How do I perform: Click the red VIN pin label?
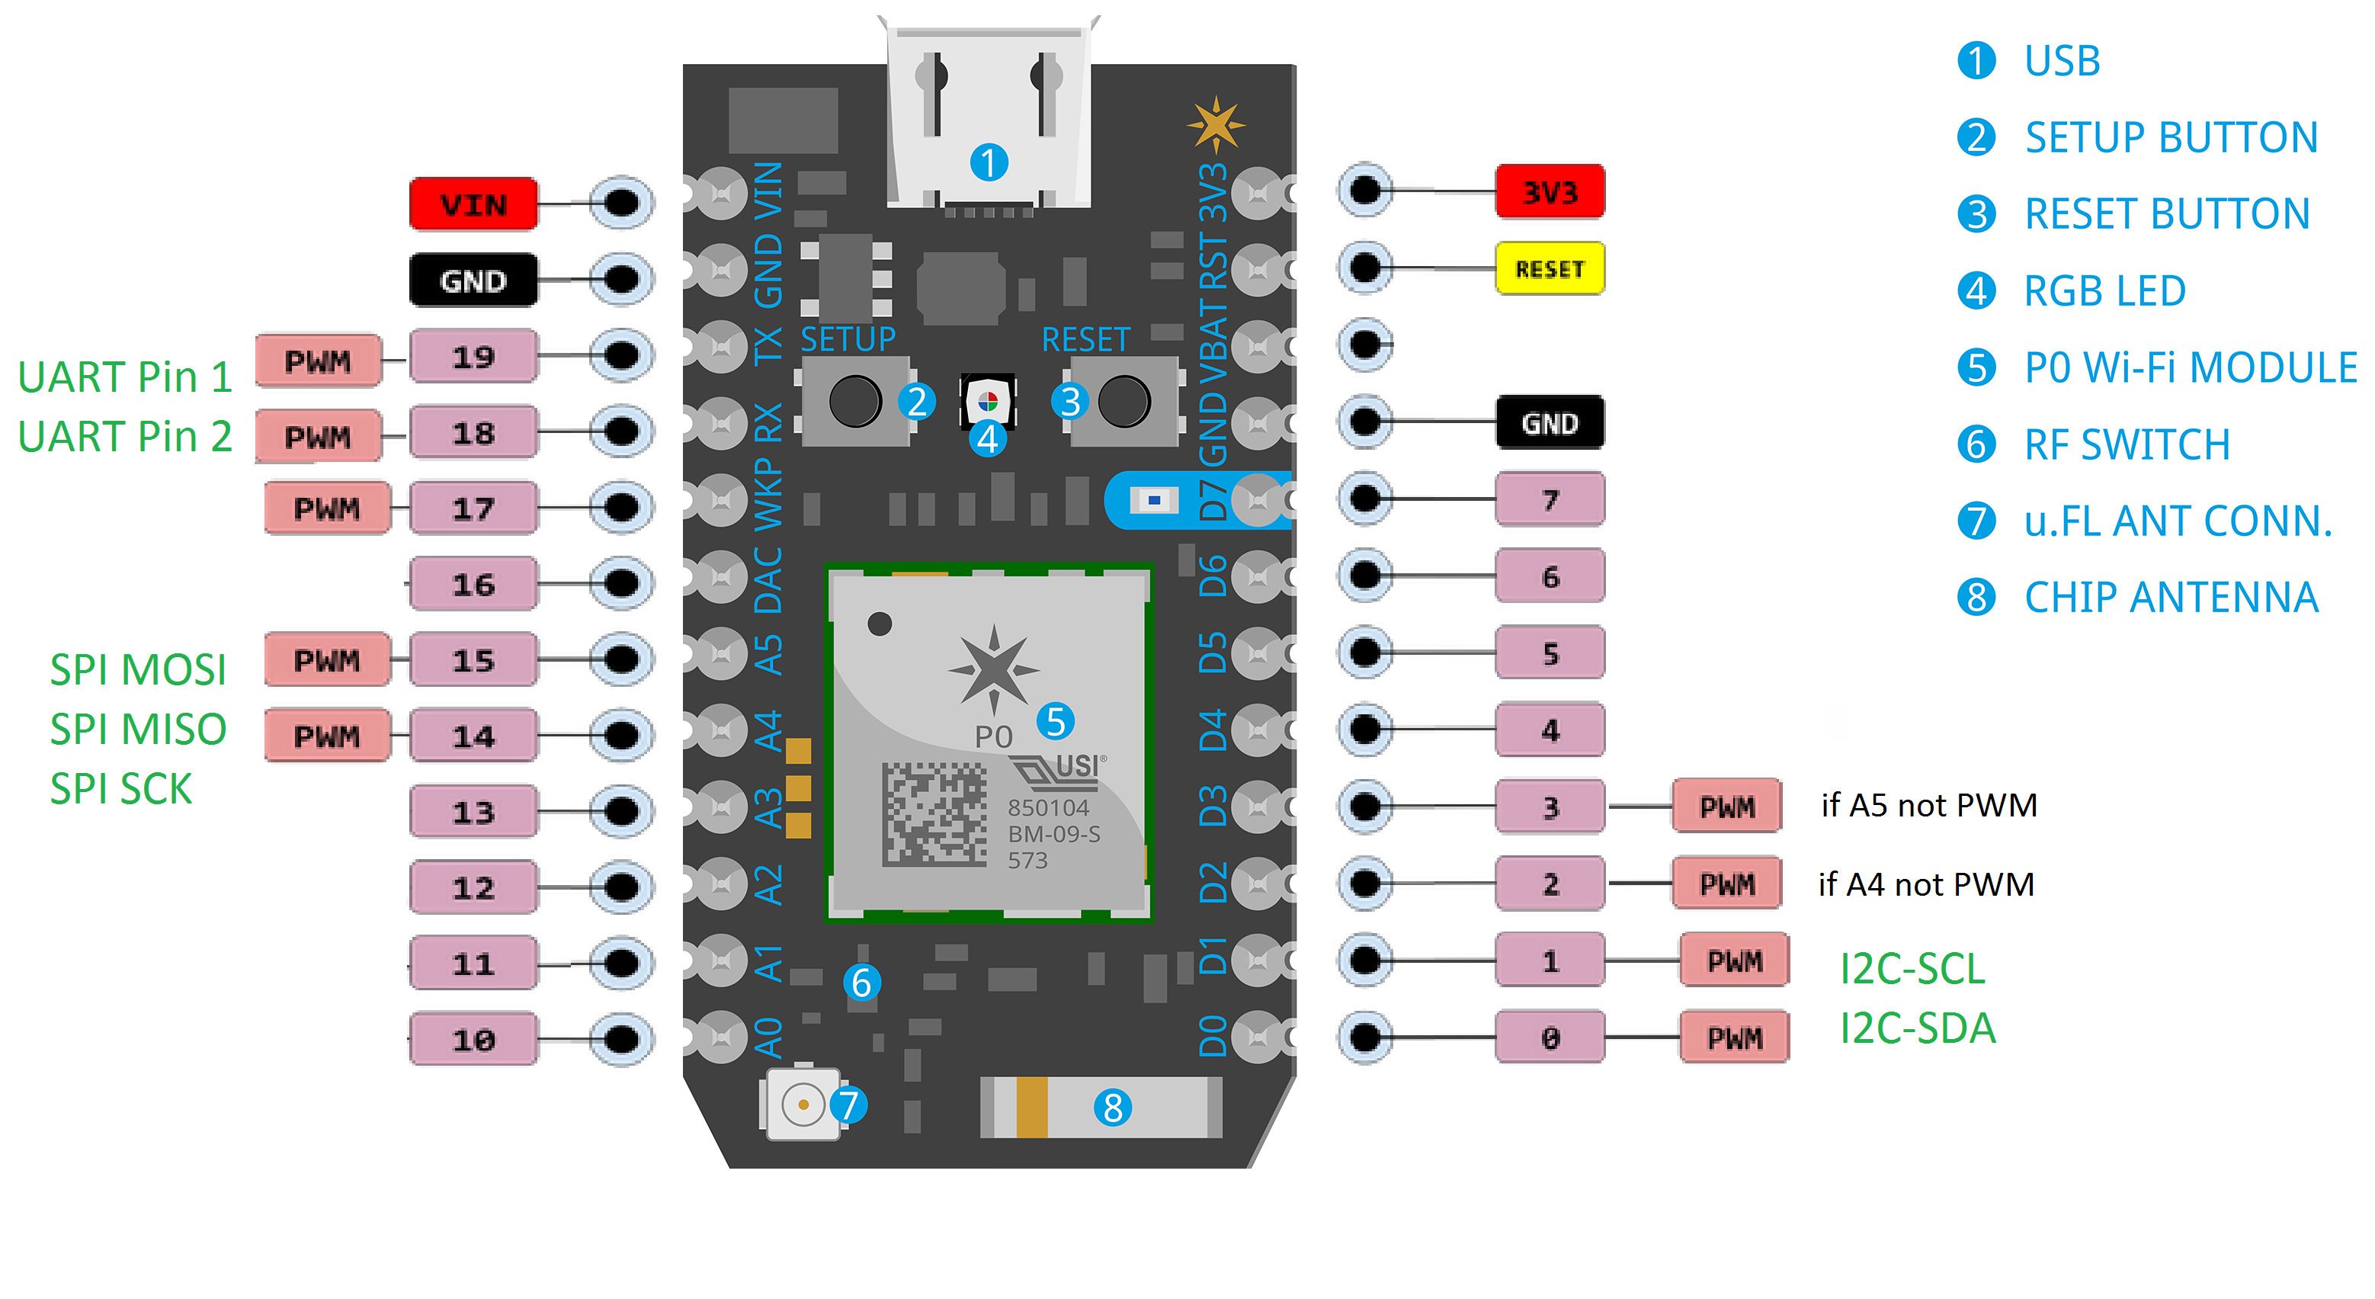(x=473, y=204)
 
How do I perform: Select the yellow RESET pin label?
(x=1549, y=268)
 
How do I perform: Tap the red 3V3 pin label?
(x=1549, y=192)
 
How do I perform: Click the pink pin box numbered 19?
(x=473, y=356)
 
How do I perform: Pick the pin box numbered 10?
(x=473, y=1039)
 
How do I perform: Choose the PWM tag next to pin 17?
(x=326, y=508)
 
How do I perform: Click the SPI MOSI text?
(x=137, y=669)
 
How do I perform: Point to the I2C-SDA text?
(x=1917, y=1028)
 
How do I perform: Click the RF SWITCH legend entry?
(x=2094, y=444)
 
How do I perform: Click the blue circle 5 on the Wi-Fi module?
(x=1056, y=721)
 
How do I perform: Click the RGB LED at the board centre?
(x=988, y=402)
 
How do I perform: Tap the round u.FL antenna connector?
(x=802, y=1104)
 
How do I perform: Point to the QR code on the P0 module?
(x=933, y=813)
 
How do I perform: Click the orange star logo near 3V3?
(x=1215, y=123)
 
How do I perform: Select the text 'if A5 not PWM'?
(x=1929, y=805)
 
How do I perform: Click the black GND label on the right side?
(x=1549, y=423)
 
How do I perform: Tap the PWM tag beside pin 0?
(x=1733, y=1038)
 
